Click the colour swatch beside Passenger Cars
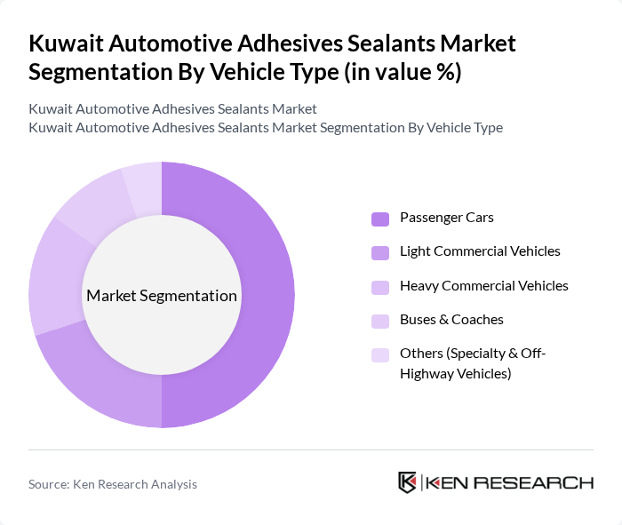click(x=380, y=219)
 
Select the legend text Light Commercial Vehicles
click(x=480, y=251)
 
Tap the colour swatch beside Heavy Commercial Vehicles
click(x=380, y=287)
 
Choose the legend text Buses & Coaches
click(x=451, y=320)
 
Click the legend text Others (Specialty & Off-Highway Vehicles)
click(x=472, y=363)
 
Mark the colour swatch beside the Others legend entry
click(x=380, y=355)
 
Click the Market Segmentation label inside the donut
click(x=162, y=296)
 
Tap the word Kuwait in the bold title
click(x=66, y=44)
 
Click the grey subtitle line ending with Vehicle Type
click(x=266, y=128)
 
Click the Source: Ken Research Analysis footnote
click(x=113, y=484)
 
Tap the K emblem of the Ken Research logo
click(x=408, y=482)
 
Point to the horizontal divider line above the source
click(x=311, y=450)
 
